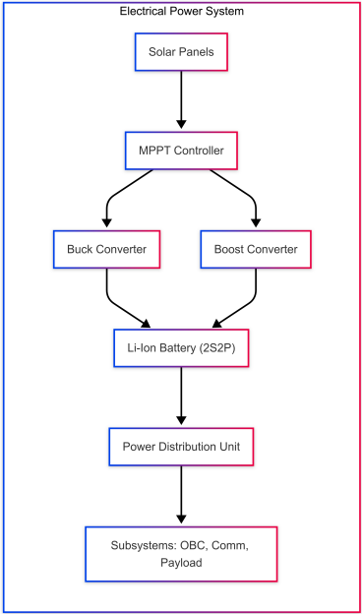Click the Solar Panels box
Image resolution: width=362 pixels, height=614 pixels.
(181, 51)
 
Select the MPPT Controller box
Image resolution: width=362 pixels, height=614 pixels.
(181, 151)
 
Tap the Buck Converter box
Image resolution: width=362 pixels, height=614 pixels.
(106, 249)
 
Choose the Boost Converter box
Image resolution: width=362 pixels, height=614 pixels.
(256, 249)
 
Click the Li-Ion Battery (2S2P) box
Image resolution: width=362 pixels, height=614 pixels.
(181, 347)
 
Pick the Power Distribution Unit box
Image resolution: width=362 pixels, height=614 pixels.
(181, 446)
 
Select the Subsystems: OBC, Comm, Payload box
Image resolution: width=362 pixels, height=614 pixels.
(181, 553)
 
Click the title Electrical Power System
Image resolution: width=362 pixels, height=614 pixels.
(181, 11)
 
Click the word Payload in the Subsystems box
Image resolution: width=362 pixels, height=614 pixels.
(181, 563)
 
